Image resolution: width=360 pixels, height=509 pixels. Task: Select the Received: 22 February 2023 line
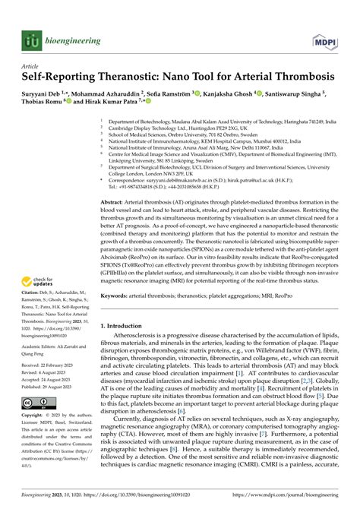coord(52,364)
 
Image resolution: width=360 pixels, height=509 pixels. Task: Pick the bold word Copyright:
coord(36,416)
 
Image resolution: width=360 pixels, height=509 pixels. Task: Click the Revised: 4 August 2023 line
coord(48,371)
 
